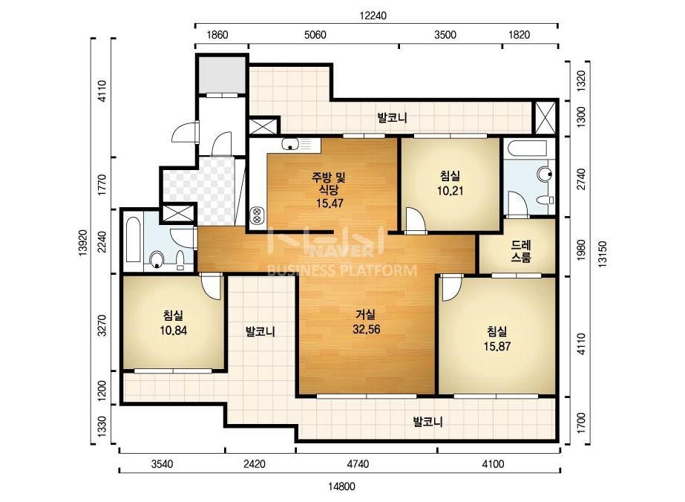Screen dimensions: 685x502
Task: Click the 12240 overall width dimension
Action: (x=373, y=16)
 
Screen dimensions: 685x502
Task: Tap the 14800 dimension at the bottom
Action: (x=341, y=486)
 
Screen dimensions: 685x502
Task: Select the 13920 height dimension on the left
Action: (x=84, y=244)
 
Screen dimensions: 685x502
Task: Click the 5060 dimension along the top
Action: (x=315, y=35)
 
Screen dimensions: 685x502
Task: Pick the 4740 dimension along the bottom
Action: (x=358, y=463)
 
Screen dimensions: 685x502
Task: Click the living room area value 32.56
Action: (x=366, y=329)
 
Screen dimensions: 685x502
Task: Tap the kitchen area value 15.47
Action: (x=330, y=203)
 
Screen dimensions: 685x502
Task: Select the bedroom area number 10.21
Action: (x=450, y=191)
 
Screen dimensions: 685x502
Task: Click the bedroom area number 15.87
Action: (x=496, y=346)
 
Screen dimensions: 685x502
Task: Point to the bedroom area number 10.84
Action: (x=173, y=330)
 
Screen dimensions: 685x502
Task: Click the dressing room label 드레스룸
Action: (x=521, y=251)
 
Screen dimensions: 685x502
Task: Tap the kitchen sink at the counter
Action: (x=290, y=144)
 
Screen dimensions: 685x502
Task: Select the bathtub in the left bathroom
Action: (x=133, y=241)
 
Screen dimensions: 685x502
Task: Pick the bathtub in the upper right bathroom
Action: (x=527, y=149)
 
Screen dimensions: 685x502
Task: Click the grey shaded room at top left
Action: (x=222, y=75)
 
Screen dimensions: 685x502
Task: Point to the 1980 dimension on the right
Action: (x=581, y=250)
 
